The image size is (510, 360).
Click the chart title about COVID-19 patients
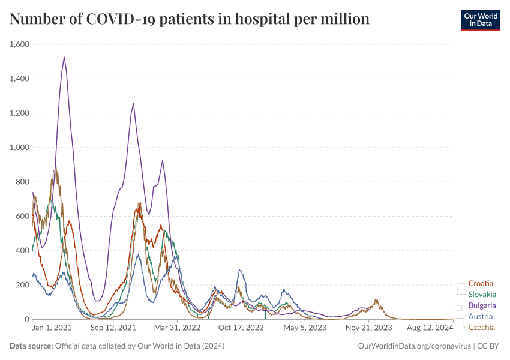190,20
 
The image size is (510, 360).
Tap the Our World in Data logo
480,20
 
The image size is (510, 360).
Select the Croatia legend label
481,283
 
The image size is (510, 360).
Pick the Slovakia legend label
482,295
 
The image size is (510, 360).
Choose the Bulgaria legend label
482,305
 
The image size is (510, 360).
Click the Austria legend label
481,316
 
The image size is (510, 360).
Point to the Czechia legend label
482,327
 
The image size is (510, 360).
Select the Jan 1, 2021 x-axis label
52,328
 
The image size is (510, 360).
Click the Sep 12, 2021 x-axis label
115,328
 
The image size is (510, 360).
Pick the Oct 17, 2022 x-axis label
241,328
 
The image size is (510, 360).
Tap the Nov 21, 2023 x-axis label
369,328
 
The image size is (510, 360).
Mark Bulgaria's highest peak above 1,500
64,58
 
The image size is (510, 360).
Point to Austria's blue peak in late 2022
240,271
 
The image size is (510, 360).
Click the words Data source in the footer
31,346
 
